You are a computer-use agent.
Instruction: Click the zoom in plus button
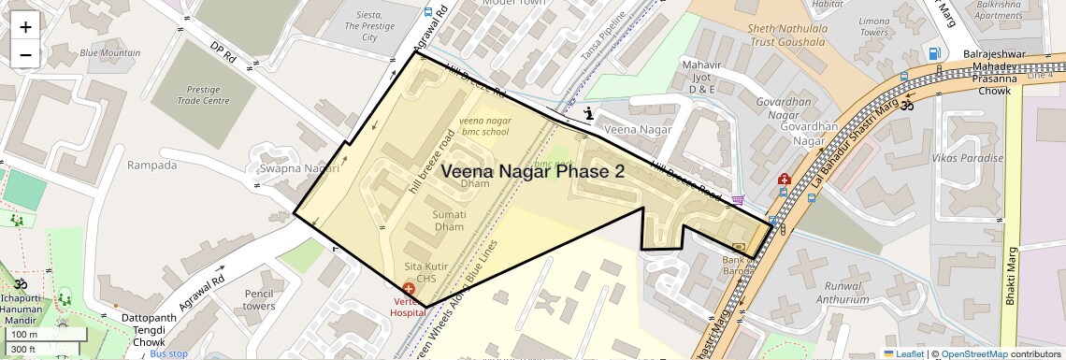[x=25, y=26]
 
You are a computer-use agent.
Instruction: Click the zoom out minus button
[x=25, y=54]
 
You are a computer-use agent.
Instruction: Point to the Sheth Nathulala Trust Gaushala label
[x=786, y=35]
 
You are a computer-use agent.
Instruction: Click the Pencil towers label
[x=259, y=299]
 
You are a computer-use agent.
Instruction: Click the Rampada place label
[x=151, y=166]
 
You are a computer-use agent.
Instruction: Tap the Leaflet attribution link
[x=903, y=353]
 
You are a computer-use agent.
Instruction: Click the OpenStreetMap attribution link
[x=973, y=353]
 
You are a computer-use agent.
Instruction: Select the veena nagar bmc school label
[x=484, y=126]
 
